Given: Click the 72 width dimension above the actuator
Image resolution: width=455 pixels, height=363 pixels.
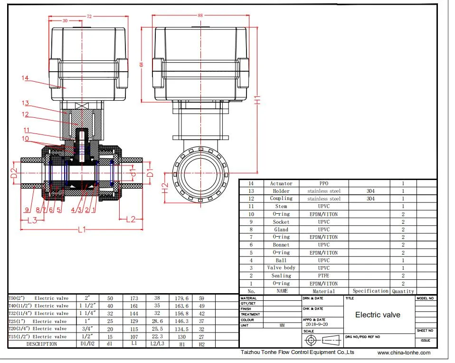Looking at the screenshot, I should (x=88, y=16).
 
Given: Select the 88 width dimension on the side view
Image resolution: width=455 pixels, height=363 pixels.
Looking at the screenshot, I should (x=200, y=15).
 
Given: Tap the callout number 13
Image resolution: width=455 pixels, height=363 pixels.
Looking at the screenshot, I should (x=25, y=103).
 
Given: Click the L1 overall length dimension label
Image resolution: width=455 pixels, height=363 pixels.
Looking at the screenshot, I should (x=82, y=229).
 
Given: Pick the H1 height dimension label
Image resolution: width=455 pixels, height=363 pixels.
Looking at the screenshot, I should (x=257, y=101).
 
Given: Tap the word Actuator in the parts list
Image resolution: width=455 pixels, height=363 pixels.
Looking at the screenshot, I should (x=281, y=183).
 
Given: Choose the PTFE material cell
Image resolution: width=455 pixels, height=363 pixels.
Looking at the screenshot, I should (x=324, y=276).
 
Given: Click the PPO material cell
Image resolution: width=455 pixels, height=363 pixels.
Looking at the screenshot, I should (x=324, y=183).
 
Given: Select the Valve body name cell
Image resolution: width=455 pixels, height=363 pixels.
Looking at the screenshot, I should (x=281, y=268).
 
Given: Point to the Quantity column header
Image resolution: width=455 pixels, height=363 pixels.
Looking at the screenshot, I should (x=402, y=291).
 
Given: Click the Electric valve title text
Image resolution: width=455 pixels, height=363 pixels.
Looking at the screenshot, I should (x=378, y=315).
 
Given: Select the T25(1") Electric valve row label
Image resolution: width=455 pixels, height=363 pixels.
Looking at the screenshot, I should (x=38, y=321).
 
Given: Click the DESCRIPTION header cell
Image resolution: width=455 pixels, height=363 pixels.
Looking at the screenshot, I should (x=41, y=344).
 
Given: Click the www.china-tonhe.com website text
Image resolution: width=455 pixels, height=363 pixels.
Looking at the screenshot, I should (x=404, y=353).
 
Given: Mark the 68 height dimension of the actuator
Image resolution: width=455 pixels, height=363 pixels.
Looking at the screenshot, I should (x=141, y=64).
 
